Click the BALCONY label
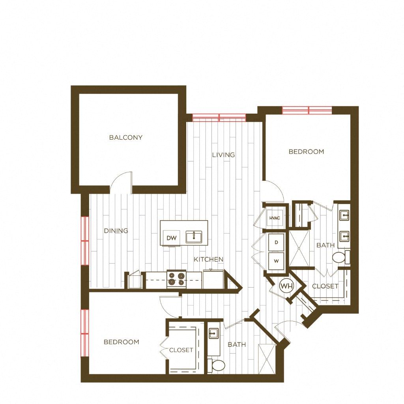click(125, 138)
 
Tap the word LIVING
click(223, 155)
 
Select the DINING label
click(116, 231)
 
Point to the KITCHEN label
click(208, 260)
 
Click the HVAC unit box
click(274, 218)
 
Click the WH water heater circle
click(285, 285)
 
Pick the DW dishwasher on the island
click(171, 238)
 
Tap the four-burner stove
click(176, 279)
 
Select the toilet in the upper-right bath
click(340, 258)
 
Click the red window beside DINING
click(84, 241)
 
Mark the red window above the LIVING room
click(219, 117)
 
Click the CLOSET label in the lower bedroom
click(181, 350)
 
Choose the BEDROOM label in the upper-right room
click(306, 151)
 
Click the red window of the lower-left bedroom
click(84, 328)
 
